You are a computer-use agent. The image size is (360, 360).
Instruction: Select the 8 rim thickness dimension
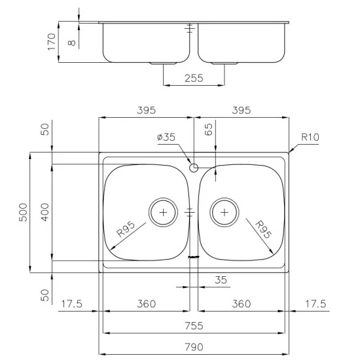tap(72, 41)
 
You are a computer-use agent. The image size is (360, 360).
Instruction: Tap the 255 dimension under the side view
tap(194, 78)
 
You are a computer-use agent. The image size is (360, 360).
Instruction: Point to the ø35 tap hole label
tap(167, 137)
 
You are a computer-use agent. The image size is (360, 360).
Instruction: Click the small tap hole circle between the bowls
tap(193, 168)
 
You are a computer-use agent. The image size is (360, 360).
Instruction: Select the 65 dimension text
tap(209, 129)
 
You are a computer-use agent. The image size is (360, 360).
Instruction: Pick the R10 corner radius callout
tap(310, 137)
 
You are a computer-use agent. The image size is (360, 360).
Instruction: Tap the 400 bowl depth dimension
tap(45, 212)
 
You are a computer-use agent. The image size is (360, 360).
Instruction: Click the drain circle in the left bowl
tap(163, 212)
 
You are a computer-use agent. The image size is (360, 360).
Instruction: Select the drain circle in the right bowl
tap(224, 212)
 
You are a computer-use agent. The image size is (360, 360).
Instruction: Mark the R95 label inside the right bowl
tap(262, 230)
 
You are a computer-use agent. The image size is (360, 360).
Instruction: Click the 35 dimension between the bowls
tap(221, 280)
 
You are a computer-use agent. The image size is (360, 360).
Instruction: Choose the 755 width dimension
tap(194, 325)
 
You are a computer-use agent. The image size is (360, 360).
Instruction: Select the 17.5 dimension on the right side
tap(317, 304)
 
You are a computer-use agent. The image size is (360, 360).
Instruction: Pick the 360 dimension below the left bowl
tap(146, 304)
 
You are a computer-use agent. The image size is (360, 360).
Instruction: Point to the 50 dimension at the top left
tap(45, 128)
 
